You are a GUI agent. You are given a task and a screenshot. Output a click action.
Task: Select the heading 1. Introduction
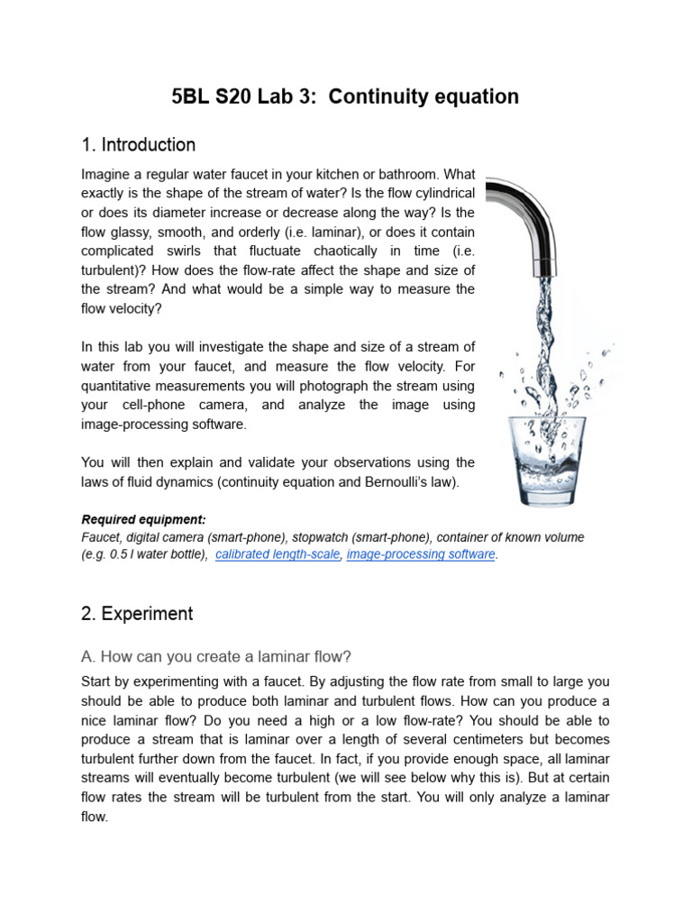click(138, 145)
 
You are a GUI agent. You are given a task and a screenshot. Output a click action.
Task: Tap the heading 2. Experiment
click(137, 614)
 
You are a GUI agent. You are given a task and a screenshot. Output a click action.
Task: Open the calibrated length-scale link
click(278, 554)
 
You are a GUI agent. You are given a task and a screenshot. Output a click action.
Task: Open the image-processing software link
click(421, 554)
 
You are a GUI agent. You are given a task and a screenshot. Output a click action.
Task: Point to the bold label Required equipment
click(143, 519)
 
